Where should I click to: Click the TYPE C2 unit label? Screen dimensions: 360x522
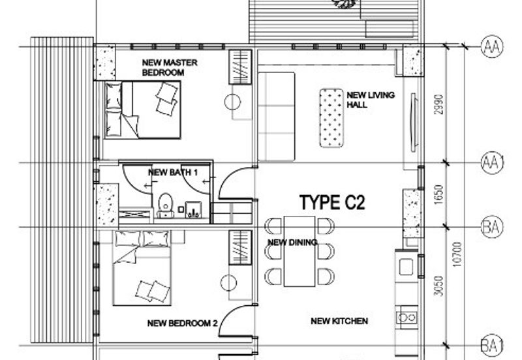click(332, 202)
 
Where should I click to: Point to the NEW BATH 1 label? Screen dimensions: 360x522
click(174, 173)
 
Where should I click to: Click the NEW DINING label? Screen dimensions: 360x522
click(292, 243)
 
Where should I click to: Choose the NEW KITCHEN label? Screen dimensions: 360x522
click(339, 321)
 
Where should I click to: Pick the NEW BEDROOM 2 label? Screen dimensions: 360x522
click(183, 322)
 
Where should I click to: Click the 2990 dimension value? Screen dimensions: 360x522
click(439, 105)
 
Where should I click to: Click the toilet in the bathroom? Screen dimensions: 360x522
click(165, 203)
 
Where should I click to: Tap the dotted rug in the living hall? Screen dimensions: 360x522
click(331, 118)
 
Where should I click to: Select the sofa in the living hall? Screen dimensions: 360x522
click(277, 115)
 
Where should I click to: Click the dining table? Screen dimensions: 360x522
click(299, 251)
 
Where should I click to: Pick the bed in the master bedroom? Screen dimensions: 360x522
click(142, 109)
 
